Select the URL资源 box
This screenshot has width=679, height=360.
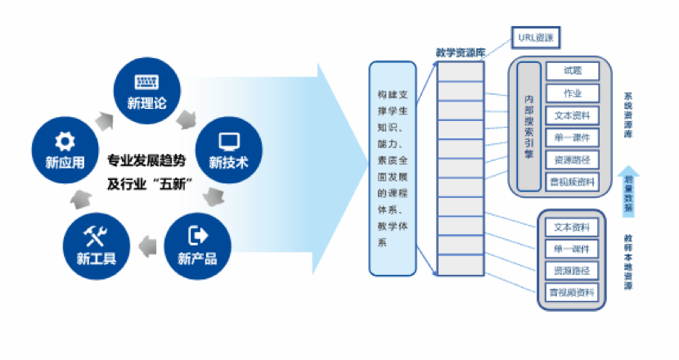536,38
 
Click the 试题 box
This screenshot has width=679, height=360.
572,71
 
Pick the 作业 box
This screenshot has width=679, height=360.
572,93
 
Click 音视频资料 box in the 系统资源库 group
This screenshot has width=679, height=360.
572,181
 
